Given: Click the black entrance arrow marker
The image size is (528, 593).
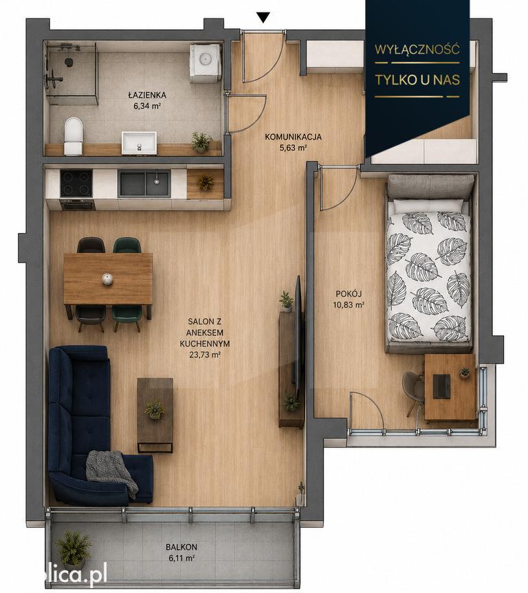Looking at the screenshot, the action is coord(263,17).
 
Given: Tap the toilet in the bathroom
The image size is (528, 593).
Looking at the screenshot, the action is coord(73,135).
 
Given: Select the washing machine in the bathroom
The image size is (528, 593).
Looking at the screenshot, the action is coord(205,63).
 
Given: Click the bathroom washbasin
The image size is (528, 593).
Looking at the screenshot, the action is coord(139,142).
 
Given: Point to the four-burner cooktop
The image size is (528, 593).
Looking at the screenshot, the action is coord(76,183).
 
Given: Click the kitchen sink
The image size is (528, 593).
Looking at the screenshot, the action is coord(144,183).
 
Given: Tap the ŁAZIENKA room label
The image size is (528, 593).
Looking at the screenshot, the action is coord(147,96).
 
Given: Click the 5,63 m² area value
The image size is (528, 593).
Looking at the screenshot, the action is coord(293,148).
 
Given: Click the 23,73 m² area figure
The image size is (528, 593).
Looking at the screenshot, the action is coord(205,355).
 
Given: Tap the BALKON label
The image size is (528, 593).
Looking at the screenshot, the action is coord(181,547).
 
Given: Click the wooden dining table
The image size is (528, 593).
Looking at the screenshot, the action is coord(108,279).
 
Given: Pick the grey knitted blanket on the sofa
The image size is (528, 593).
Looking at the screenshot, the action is coord(111,472).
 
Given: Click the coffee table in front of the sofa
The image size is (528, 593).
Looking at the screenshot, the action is coord(155,414).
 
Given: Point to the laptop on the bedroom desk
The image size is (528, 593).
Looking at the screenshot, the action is coord(441,386).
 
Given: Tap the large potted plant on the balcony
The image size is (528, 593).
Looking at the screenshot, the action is coord(74,549).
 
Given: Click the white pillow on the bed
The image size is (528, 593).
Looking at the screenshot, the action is coord(428,205).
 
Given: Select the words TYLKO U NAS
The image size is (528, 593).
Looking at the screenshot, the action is coord(417,80).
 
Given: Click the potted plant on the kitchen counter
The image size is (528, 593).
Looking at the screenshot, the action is coord(206,182).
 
